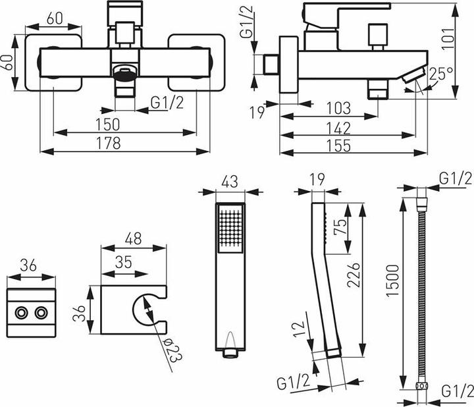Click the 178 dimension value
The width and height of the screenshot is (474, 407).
[x=109, y=144]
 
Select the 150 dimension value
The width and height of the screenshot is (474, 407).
[x=108, y=124]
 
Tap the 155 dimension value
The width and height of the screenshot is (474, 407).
[x=338, y=146]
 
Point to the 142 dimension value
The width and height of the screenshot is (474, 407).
[x=338, y=128]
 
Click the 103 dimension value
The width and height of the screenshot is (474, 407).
[x=338, y=108]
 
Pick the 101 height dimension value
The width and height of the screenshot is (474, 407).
[x=448, y=38]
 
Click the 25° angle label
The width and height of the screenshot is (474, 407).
[x=441, y=73]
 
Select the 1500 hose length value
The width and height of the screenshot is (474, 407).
[x=393, y=281]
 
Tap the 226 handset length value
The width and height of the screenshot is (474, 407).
[x=354, y=275]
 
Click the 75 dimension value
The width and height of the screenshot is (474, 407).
[x=340, y=227]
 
